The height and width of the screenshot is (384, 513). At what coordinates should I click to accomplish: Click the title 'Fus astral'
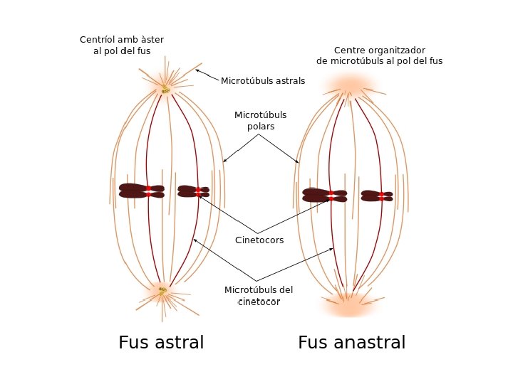pos(161,343)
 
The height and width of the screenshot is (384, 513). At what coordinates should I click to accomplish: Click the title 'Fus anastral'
pos(351,343)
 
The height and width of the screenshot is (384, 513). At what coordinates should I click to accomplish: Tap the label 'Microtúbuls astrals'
pos(263,81)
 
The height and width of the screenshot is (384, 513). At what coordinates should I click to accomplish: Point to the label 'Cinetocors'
pos(259,240)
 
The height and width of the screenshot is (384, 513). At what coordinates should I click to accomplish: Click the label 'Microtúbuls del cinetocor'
pos(259,296)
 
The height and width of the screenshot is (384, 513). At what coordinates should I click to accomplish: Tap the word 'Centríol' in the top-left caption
pos(96,40)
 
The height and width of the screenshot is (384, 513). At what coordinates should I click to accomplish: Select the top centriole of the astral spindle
pos(165,89)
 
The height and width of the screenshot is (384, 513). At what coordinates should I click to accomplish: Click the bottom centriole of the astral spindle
pos(162,290)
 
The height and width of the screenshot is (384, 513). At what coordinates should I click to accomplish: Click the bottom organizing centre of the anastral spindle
pos(350,304)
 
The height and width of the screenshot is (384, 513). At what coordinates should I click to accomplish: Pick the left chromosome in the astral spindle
pos(141,191)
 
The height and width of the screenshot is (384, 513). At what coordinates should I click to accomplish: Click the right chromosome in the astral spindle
pos(193,191)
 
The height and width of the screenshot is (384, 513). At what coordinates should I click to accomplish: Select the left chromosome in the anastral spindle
pos(324,195)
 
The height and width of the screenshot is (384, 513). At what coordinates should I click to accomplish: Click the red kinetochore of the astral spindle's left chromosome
pos(148,191)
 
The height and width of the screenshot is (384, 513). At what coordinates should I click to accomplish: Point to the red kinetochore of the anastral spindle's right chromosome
pos(381,195)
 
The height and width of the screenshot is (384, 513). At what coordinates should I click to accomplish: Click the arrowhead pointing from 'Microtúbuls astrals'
pos(197,70)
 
